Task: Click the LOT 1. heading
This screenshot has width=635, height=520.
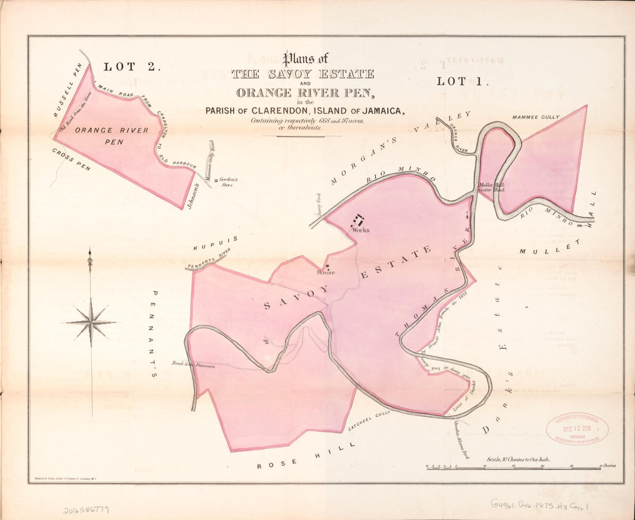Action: [x=463, y=81]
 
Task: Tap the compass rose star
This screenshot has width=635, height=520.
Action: [x=91, y=322]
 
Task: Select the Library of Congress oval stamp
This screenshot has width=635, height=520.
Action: [x=577, y=428]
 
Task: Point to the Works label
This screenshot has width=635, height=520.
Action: [x=361, y=229]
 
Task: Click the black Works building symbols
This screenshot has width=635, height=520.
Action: [x=358, y=220]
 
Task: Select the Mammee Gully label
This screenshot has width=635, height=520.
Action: [x=535, y=117]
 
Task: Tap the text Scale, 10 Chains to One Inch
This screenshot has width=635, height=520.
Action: [x=518, y=459]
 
